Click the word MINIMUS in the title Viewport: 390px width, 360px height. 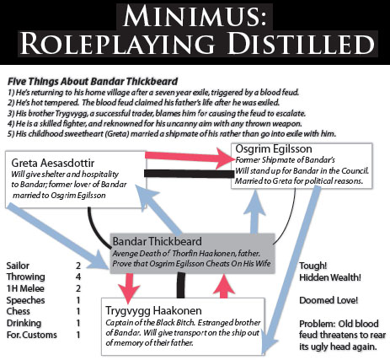(195, 16)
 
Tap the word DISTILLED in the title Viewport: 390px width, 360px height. (301, 44)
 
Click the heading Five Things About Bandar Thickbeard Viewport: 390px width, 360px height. (93, 82)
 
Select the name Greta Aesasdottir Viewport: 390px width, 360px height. (53, 163)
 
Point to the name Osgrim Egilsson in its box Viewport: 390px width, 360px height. (274, 148)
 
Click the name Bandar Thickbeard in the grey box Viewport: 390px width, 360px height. (158, 241)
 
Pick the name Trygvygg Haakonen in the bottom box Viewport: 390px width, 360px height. (153, 310)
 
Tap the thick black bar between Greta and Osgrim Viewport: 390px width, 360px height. (189, 174)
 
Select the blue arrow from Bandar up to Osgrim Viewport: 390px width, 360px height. (254, 211)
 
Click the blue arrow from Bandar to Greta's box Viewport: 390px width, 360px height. (159, 209)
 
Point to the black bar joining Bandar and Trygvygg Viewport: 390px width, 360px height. (181, 285)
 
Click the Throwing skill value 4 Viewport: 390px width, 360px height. (78, 277)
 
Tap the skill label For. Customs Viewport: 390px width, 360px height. (32, 335)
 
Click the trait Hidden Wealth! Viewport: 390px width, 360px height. (330, 277)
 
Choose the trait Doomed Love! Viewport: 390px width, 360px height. (329, 300)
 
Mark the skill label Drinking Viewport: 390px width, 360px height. (24, 323)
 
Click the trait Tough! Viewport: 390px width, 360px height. (313, 266)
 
